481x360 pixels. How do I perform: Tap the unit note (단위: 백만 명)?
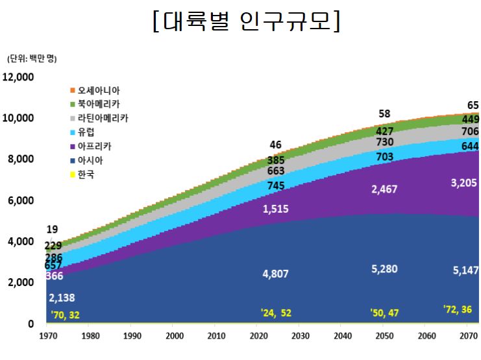(x=32, y=59)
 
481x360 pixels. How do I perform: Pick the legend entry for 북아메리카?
(x=98, y=104)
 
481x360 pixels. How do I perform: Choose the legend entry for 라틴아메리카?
(x=102, y=119)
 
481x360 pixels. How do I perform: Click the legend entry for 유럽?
(x=86, y=132)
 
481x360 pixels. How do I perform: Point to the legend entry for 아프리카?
(x=94, y=147)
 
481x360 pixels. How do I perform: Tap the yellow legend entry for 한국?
(x=86, y=174)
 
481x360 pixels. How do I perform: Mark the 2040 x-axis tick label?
(x=342, y=335)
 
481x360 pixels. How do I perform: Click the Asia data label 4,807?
(x=276, y=274)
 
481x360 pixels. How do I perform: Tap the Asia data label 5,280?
(x=384, y=269)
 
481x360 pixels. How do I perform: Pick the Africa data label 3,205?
(x=463, y=184)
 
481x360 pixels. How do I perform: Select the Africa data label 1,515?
(x=276, y=209)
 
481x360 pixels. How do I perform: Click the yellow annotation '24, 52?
(x=276, y=313)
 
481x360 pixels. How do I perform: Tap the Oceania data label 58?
(x=384, y=114)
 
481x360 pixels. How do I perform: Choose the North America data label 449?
(x=471, y=119)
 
